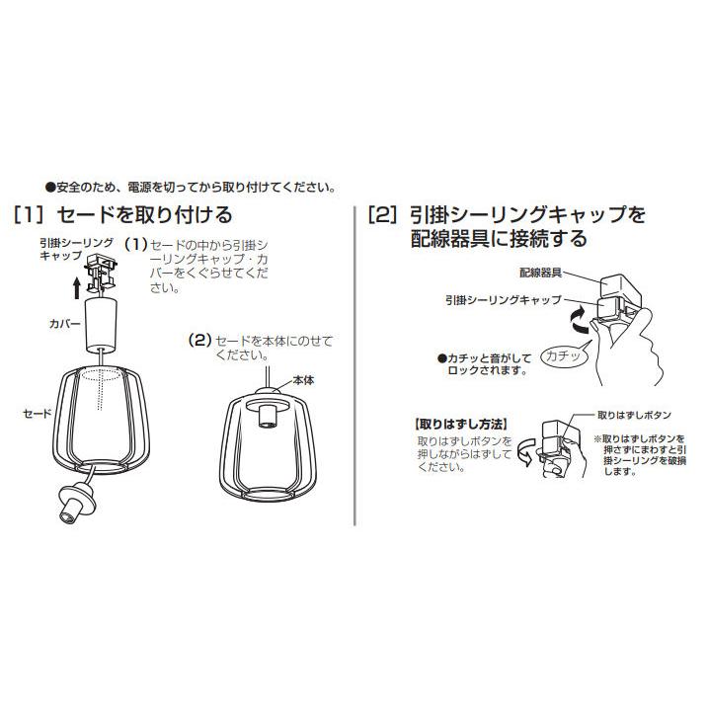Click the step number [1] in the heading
click(30, 215)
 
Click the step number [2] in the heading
click(383, 215)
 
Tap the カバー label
click(65, 324)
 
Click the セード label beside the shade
click(38, 413)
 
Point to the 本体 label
click(303, 380)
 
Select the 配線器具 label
click(541, 273)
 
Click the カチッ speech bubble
click(563, 355)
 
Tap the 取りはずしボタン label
click(634, 415)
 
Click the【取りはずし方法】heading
click(460, 425)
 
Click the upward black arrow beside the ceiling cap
click(77, 288)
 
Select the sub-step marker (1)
click(136, 244)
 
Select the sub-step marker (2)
click(200, 340)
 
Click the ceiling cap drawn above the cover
click(101, 272)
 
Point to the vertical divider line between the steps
click(354, 364)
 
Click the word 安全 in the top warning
click(68, 187)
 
